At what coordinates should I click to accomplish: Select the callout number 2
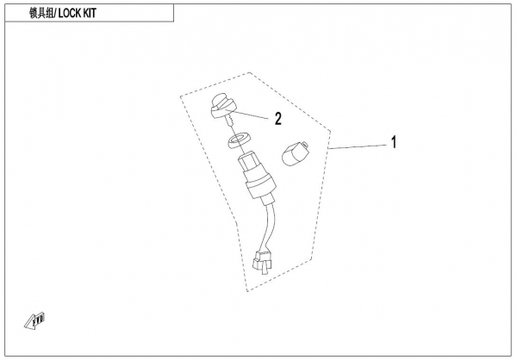pyautogui.click(x=278, y=119)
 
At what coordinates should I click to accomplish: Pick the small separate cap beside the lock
pyautogui.click(x=296, y=155)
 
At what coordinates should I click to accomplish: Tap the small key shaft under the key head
pyautogui.click(x=228, y=125)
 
